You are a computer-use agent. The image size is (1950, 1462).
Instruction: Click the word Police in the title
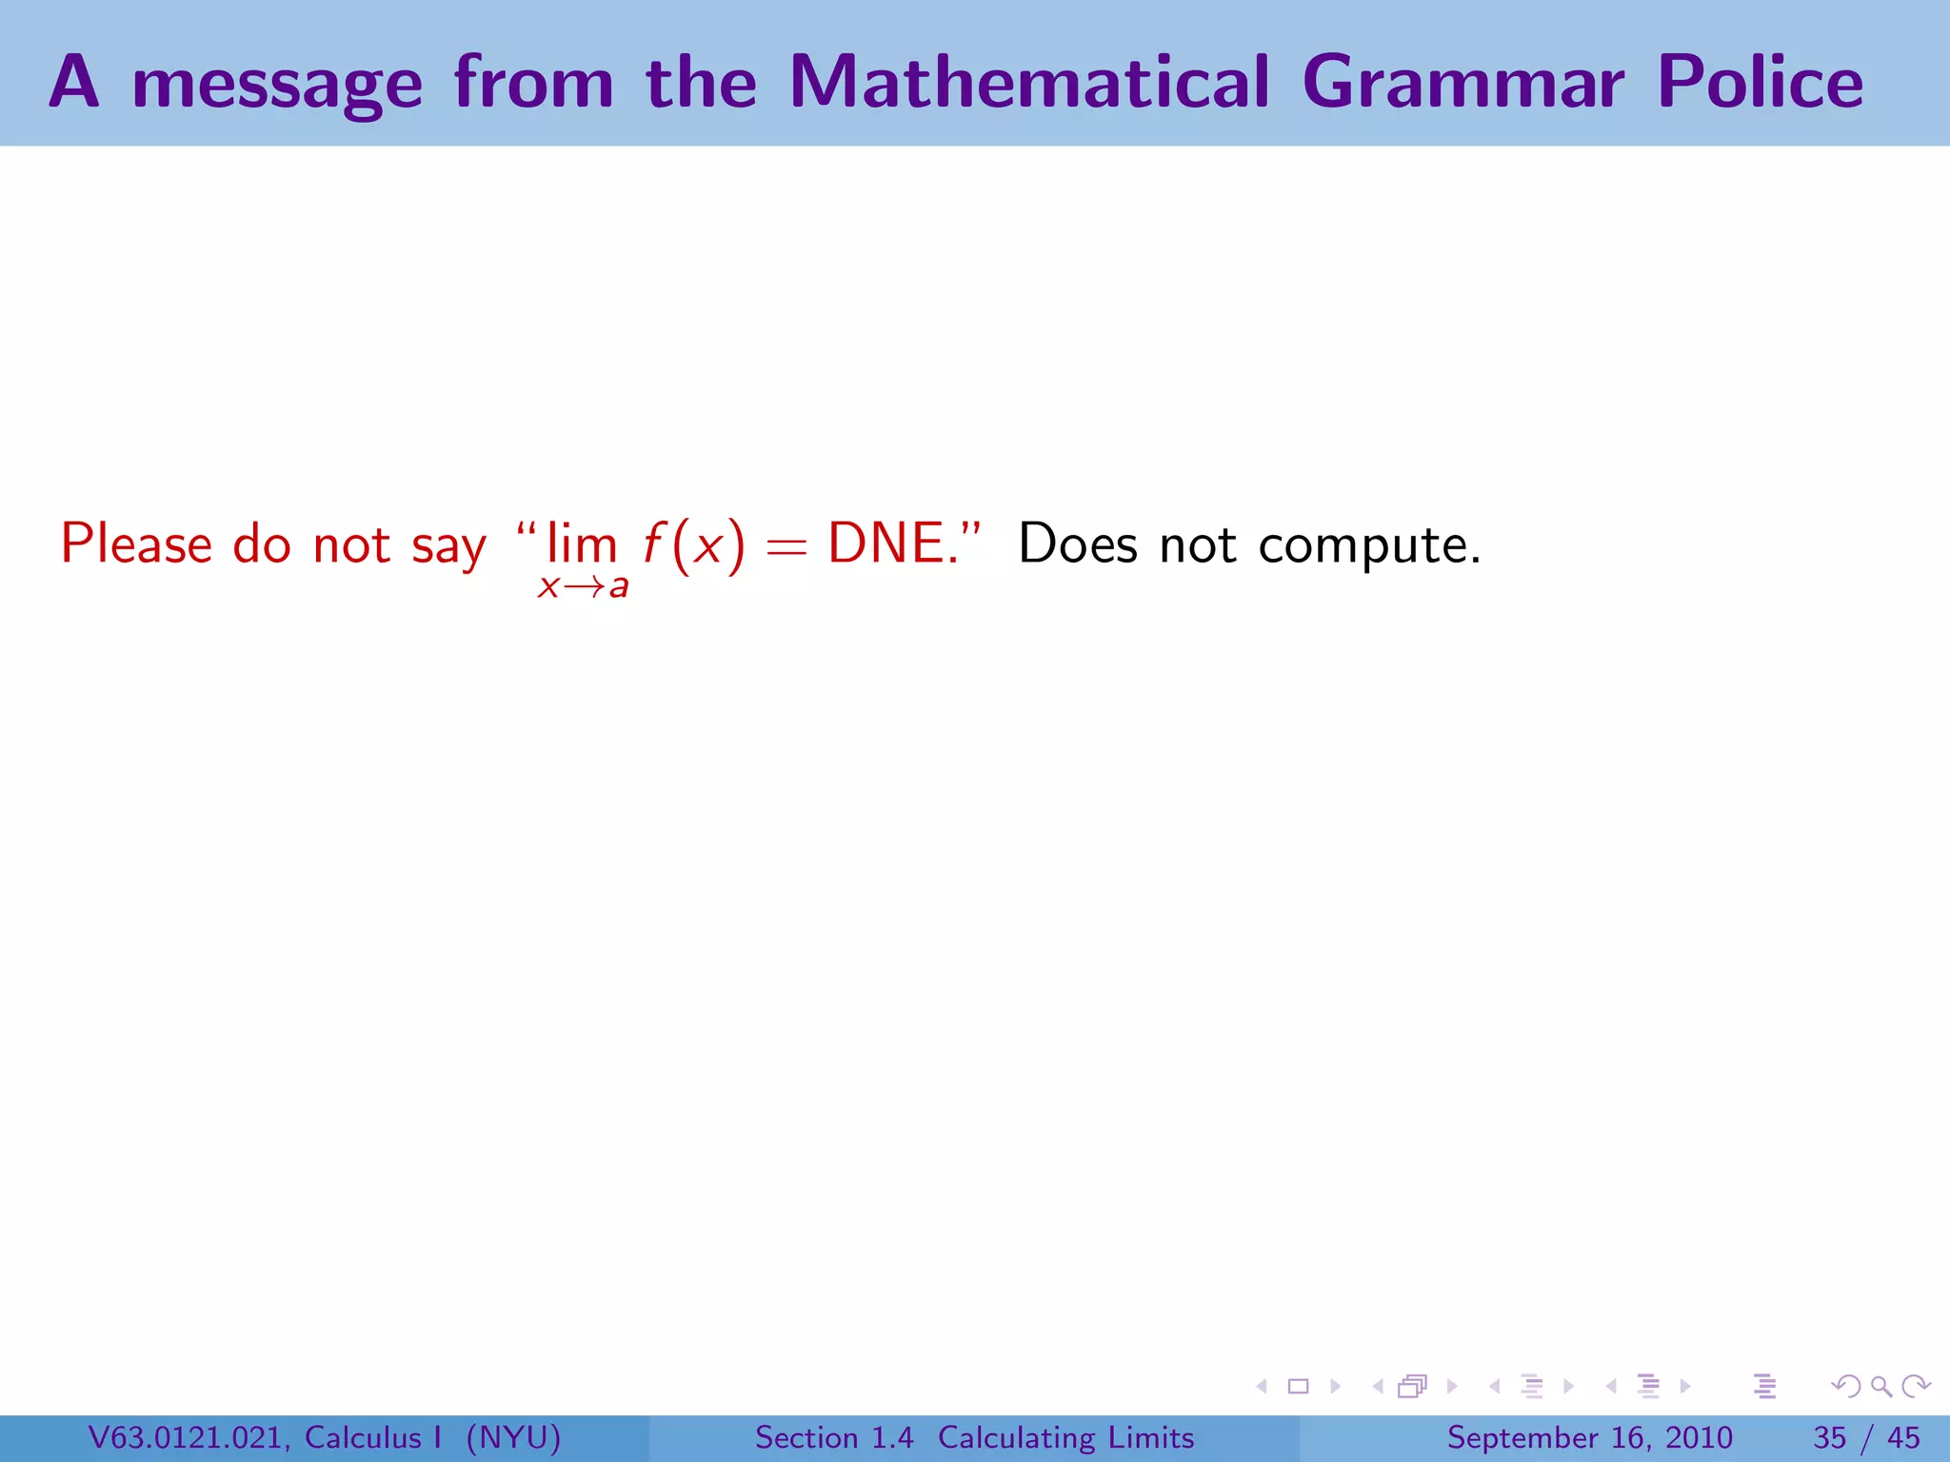click(x=1760, y=83)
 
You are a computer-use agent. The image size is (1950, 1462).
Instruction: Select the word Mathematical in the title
click(x=1029, y=83)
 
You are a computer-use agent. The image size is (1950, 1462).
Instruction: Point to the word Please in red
click(x=136, y=544)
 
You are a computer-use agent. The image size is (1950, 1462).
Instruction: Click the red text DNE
click(x=891, y=544)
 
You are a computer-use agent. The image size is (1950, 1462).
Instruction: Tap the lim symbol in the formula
click(x=581, y=544)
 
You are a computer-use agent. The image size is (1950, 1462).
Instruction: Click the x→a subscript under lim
click(x=583, y=586)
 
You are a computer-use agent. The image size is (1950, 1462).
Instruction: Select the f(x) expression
click(x=693, y=546)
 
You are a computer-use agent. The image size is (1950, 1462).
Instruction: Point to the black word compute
click(x=1368, y=546)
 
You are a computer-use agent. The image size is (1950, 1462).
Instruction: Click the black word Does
click(x=1078, y=544)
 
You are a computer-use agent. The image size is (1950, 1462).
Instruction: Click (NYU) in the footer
click(x=513, y=1437)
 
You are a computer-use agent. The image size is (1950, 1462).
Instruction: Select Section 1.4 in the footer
click(x=834, y=1437)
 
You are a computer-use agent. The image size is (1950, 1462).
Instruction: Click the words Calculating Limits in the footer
click(x=1065, y=1437)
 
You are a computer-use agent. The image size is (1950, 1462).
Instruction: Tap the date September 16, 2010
click(x=1589, y=1437)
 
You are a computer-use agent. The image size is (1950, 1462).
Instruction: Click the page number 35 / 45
click(x=1866, y=1437)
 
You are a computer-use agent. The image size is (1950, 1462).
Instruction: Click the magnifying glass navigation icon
click(x=1880, y=1386)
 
